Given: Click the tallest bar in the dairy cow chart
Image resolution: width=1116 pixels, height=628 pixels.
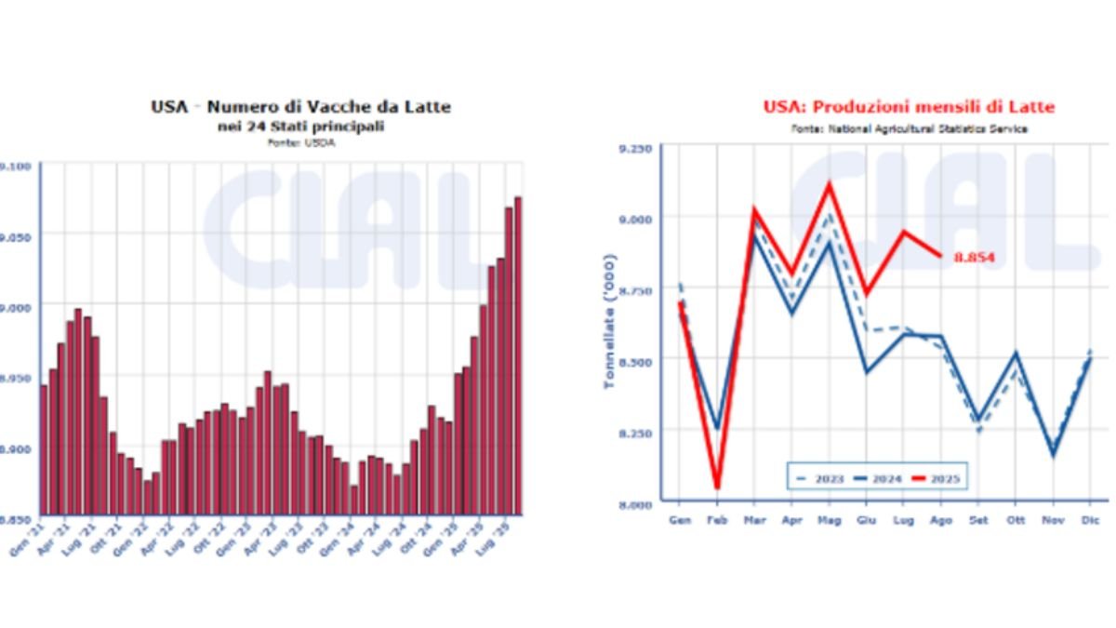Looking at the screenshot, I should point(518,354).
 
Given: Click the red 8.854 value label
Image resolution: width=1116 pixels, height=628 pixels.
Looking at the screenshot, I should point(975,257).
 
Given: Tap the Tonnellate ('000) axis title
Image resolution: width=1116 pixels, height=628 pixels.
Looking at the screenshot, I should point(610,320).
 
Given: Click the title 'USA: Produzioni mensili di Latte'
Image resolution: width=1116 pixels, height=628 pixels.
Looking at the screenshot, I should point(909,107).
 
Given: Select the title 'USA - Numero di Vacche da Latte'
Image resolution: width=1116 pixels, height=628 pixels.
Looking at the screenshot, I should point(300,107).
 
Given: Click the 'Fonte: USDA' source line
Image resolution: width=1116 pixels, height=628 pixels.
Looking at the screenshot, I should point(300,143).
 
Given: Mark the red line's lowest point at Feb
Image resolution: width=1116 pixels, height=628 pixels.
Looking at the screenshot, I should point(717,487).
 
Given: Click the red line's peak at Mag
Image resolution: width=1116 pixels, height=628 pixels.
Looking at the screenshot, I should point(829,184).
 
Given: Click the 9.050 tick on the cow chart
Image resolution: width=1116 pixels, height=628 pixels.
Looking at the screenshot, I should point(18,236).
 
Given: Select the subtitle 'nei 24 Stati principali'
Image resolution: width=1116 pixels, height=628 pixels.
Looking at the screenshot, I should point(300,126).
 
